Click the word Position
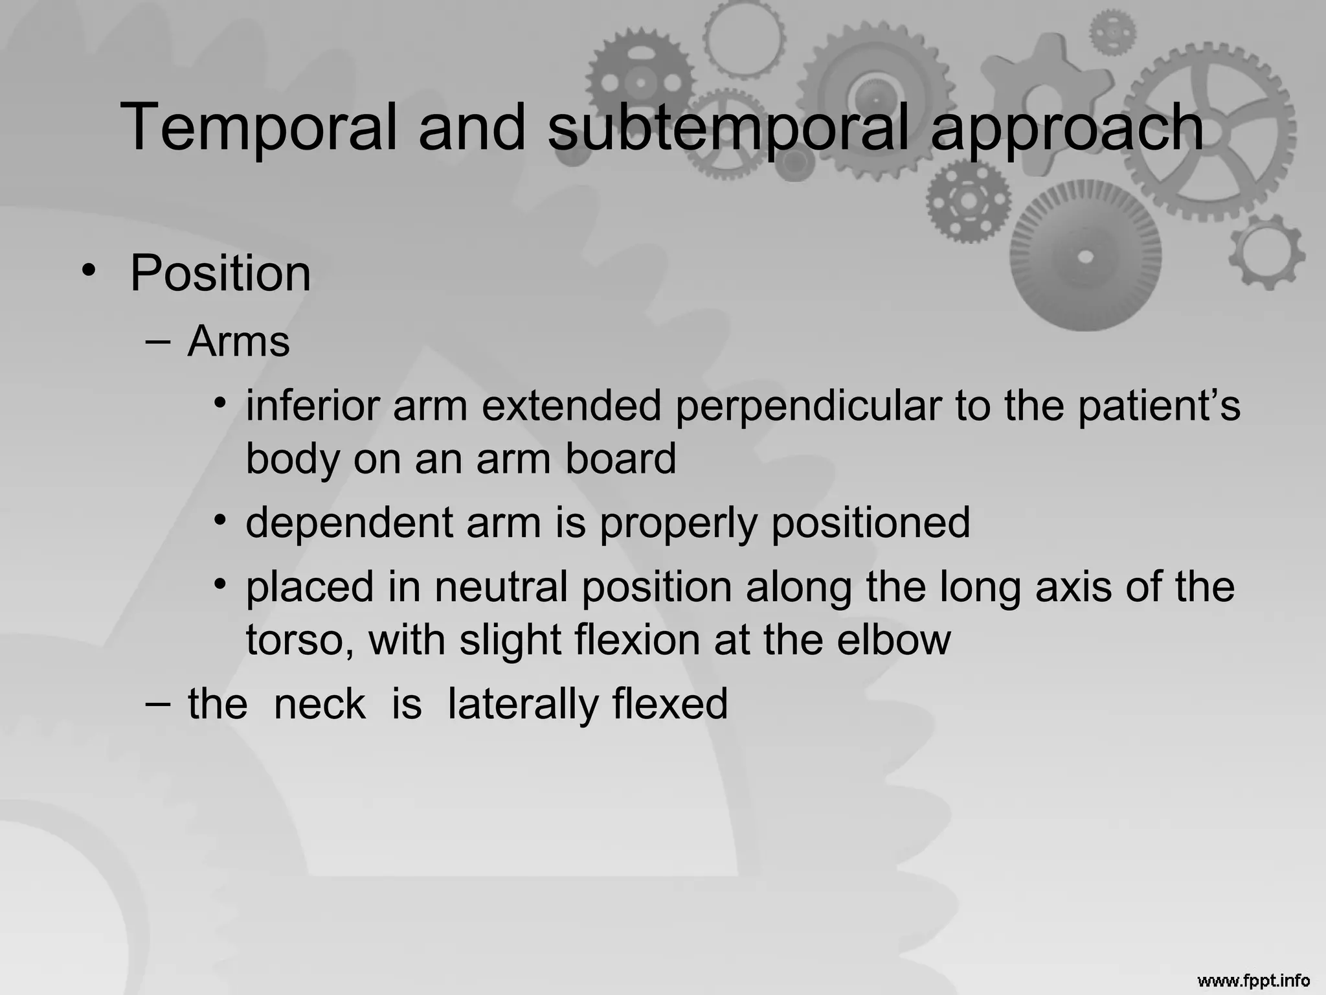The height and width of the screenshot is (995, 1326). tap(220, 273)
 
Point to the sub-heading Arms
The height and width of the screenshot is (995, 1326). tap(238, 341)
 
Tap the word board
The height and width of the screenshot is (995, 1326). tap(620, 459)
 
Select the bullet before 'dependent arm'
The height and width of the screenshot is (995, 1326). tap(221, 520)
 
